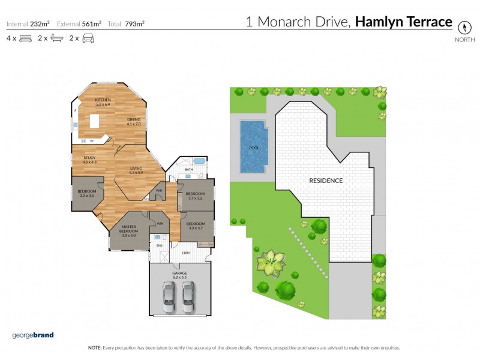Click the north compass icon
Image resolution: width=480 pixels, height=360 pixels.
pyautogui.click(x=464, y=27)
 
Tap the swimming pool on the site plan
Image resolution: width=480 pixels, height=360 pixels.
pyautogui.click(x=254, y=146)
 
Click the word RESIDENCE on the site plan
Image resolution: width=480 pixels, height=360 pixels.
pyautogui.click(x=326, y=180)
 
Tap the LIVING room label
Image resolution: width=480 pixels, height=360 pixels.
pyautogui.click(x=136, y=170)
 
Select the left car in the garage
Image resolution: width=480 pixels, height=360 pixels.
pyautogui.click(x=170, y=295)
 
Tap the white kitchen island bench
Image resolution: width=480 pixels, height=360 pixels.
pyautogui.click(x=94, y=122)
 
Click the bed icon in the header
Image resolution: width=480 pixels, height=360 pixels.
pyautogui.click(x=25, y=38)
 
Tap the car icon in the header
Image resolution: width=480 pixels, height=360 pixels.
pyautogui.click(x=88, y=38)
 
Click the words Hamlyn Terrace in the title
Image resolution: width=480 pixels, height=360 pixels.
pyautogui.click(x=403, y=22)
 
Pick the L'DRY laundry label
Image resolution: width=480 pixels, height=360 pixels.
pyautogui.click(x=178, y=253)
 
